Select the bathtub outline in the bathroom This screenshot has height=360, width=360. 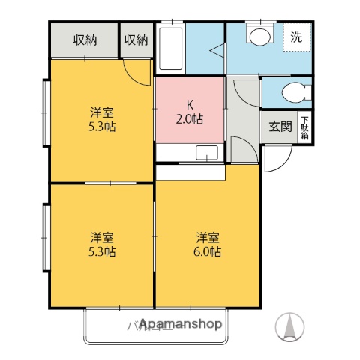click(x=171, y=49)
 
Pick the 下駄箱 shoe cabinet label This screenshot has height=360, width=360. click(x=305, y=127)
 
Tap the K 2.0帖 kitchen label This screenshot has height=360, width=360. click(x=190, y=112)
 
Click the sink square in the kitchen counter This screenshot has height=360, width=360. click(x=205, y=154)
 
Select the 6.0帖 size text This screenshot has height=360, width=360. click(x=208, y=252)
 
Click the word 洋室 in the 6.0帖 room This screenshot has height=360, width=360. click(x=208, y=237)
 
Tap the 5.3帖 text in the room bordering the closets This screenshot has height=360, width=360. click(x=103, y=127)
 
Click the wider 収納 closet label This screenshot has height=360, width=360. click(x=85, y=40)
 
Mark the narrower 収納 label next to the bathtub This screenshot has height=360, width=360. click(x=136, y=40)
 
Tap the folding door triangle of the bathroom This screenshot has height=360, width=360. click(x=217, y=51)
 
